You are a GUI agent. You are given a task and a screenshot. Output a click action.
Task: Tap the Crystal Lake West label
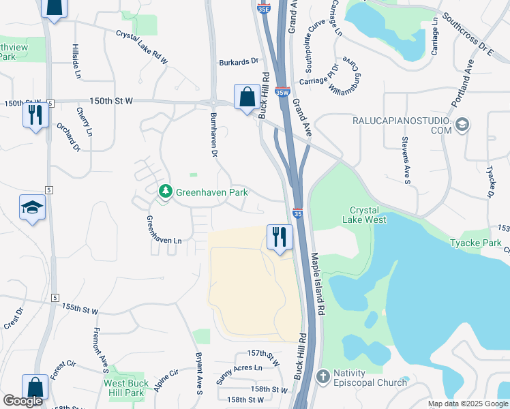point(367,215)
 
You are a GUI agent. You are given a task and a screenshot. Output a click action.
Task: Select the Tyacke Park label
point(475,243)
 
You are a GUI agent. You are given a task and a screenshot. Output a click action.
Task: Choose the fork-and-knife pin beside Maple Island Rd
point(279,237)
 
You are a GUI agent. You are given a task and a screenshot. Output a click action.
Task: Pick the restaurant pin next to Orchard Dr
point(34,114)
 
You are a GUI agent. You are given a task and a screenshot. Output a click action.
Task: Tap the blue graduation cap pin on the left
point(32,207)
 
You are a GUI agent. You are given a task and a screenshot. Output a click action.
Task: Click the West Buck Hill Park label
point(125,388)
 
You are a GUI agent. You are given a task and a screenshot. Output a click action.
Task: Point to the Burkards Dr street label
point(236,63)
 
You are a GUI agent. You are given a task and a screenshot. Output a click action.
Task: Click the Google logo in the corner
point(22,402)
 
